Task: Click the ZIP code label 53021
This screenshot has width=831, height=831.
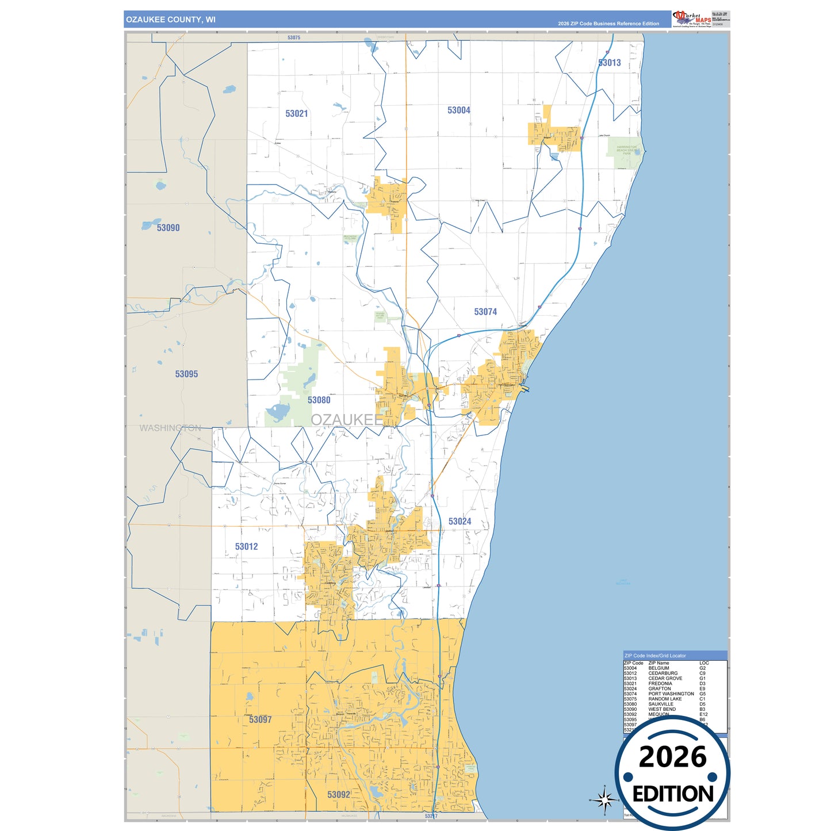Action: tap(297, 114)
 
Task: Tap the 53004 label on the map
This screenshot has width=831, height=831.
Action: tap(459, 110)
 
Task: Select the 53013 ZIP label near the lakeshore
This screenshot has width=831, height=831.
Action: tap(610, 63)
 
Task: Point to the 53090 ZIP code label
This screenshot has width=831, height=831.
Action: tap(168, 228)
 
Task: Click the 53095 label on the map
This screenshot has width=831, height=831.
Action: tap(186, 374)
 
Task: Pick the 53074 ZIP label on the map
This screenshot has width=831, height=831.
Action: tap(485, 312)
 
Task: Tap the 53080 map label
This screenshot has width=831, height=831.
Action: tap(319, 400)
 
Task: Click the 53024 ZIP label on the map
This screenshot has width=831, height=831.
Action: tap(459, 522)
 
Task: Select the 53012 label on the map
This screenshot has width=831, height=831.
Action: tap(247, 546)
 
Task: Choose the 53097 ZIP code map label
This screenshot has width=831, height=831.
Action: tap(261, 719)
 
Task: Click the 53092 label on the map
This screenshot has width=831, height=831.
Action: tap(339, 795)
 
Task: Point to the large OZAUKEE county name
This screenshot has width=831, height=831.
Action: tap(347, 420)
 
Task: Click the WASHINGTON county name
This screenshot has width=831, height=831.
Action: tap(170, 428)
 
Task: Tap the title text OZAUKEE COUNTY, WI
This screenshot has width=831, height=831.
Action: tap(171, 20)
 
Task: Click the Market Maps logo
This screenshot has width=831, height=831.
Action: tap(692, 19)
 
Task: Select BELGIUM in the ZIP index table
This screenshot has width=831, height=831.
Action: tap(659, 668)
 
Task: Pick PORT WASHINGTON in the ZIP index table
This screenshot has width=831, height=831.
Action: tap(671, 694)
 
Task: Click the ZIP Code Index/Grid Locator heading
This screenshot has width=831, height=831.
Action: tap(655, 656)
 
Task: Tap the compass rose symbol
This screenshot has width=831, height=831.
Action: tap(604, 799)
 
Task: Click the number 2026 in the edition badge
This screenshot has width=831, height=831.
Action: tap(672, 757)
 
